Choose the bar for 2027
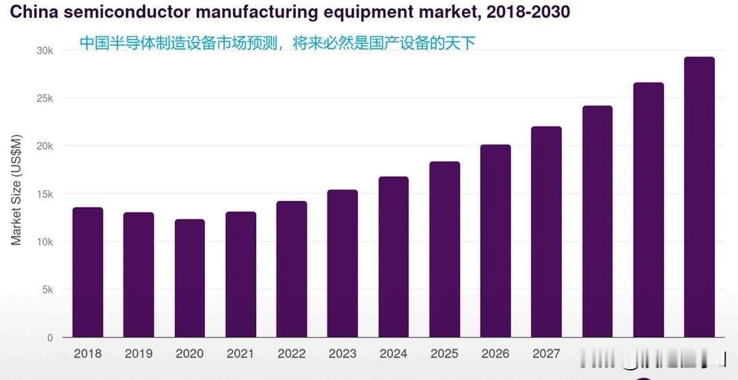(546, 232)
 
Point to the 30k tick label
(45, 51)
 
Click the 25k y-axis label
(45, 98)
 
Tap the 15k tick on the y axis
(45, 194)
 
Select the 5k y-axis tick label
(48, 290)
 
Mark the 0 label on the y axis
(49, 338)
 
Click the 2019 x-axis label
(139, 354)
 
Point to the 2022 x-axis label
(291, 354)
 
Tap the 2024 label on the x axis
(393, 354)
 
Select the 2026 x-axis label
(495, 354)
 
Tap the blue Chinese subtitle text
(277, 43)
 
